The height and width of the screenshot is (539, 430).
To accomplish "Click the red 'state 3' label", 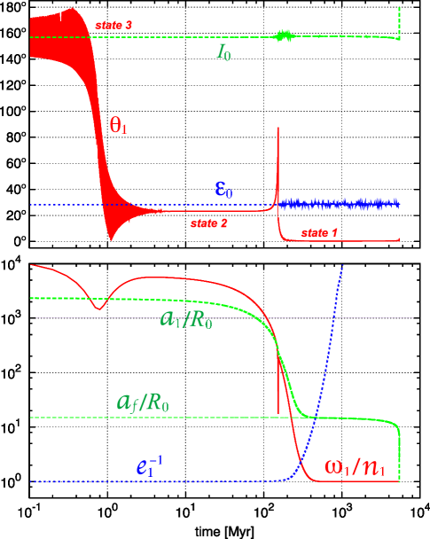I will point(113,25).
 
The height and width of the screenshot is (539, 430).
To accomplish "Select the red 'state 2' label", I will point(208,223).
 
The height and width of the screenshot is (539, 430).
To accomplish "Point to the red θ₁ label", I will point(118,125).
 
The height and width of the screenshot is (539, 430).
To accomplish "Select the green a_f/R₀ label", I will point(143,402).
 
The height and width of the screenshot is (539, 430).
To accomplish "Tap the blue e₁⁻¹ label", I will point(149,466).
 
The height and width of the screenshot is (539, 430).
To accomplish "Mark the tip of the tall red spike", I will point(278,129).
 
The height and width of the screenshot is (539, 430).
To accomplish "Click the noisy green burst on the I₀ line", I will point(285,36).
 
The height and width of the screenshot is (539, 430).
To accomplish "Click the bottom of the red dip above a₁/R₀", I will point(98,308).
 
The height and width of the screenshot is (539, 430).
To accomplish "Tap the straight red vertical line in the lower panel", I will point(278,390).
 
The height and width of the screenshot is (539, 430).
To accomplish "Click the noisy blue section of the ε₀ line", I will point(337,205).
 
